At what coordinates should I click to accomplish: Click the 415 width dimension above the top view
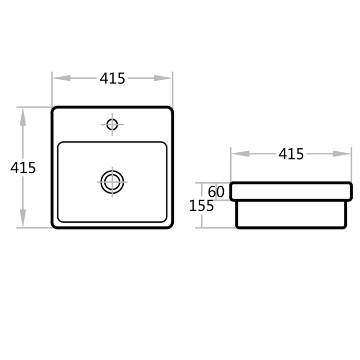click(x=112, y=78)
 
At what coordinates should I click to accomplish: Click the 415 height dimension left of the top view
click(x=23, y=167)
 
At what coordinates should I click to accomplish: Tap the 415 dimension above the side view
click(x=291, y=154)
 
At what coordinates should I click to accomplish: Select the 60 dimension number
click(x=216, y=192)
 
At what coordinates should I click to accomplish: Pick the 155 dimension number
click(x=201, y=206)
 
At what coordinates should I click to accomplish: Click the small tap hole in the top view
click(x=112, y=125)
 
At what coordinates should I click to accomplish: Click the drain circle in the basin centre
click(x=112, y=182)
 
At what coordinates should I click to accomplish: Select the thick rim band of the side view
click(x=291, y=191)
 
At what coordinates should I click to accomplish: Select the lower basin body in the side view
click(x=291, y=214)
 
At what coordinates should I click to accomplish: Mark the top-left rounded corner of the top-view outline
click(x=54, y=110)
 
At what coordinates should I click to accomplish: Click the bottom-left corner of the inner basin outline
click(x=60, y=219)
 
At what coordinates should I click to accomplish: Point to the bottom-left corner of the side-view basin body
click(x=237, y=227)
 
